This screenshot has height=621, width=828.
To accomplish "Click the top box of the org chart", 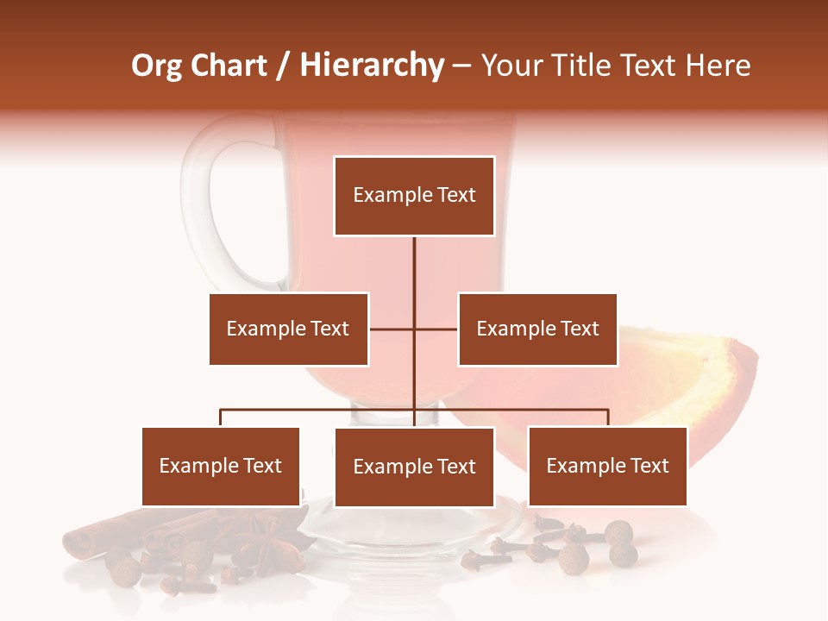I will pyautogui.click(x=414, y=196).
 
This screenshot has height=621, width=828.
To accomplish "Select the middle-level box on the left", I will pyautogui.click(x=288, y=329).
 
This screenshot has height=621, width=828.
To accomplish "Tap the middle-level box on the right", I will pyautogui.click(x=537, y=329).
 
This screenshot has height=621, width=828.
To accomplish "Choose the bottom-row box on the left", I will pyautogui.click(x=221, y=466).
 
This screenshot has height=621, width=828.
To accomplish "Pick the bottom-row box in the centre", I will pyautogui.click(x=414, y=467).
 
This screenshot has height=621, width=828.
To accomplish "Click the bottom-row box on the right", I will pyautogui.click(x=607, y=466).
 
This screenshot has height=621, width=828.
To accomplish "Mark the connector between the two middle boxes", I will pyautogui.click(x=414, y=329).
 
